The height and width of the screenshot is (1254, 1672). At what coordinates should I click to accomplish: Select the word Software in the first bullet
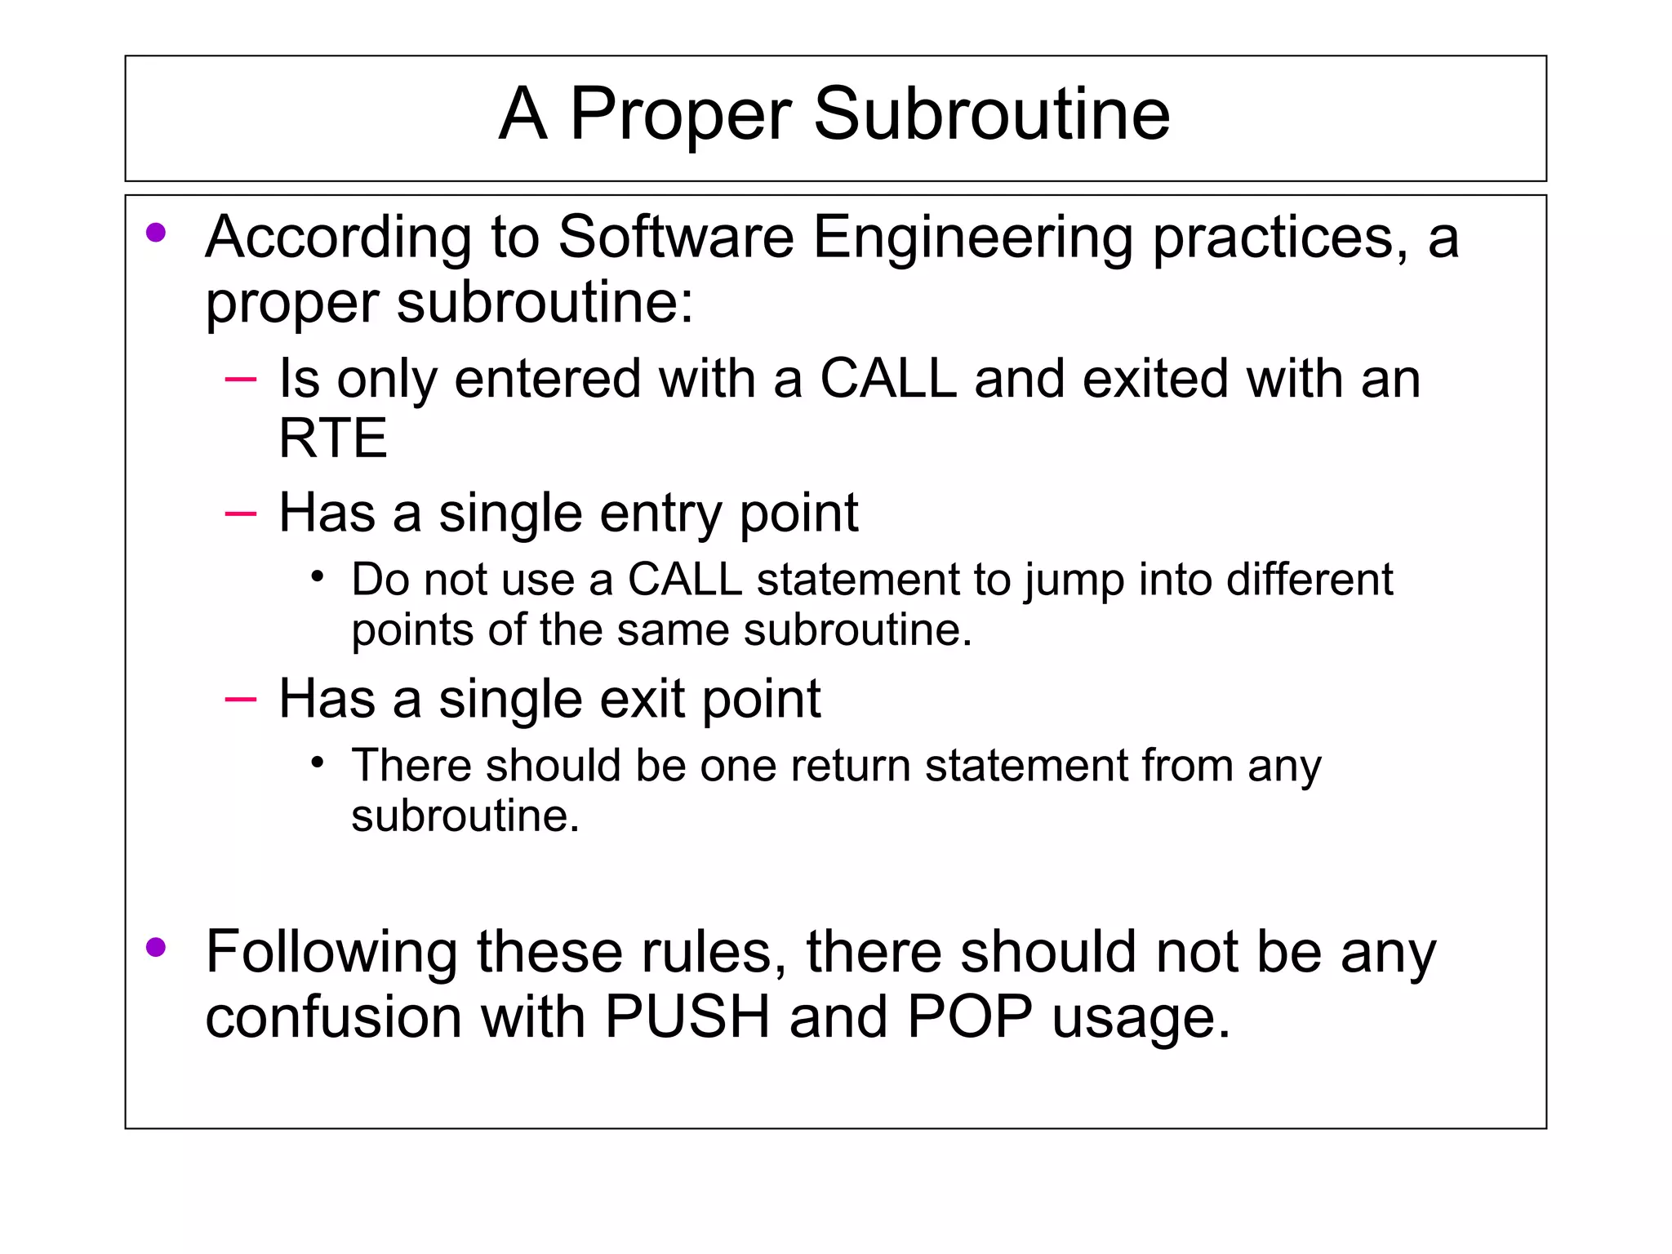coord(676,237)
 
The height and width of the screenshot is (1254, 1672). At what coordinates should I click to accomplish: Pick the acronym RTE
coord(332,438)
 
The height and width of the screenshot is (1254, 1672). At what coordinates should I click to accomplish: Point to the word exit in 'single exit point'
coord(641,699)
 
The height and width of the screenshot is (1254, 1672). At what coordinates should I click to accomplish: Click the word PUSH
coord(687,1017)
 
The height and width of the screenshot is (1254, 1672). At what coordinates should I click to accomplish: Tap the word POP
coord(970,1017)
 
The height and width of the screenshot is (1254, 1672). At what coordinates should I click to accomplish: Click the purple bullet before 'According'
coord(156,233)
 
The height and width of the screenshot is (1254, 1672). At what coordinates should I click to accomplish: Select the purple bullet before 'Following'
coord(156,947)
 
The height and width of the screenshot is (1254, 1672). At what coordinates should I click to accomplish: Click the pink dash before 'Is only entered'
coord(240,379)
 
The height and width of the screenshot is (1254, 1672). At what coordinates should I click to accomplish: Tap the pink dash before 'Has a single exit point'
coord(240,699)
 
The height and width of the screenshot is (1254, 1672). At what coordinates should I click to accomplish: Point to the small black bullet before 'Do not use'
coord(318,577)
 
